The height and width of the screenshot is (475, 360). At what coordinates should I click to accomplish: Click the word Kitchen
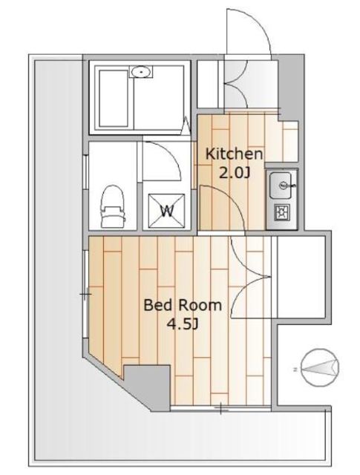234,154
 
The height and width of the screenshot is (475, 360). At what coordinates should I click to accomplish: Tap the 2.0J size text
235,173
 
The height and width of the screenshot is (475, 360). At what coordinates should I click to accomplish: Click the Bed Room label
183,305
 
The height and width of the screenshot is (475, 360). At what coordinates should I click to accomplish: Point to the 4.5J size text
183,324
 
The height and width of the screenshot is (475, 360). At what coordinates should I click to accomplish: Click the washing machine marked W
166,211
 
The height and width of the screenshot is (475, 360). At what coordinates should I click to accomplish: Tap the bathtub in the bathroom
114,99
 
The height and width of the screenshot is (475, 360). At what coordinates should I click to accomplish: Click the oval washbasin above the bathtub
141,72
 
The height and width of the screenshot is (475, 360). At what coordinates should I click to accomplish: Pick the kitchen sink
281,185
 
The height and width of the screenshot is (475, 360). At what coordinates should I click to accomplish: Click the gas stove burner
282,212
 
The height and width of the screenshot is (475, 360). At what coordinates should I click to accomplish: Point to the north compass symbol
321,368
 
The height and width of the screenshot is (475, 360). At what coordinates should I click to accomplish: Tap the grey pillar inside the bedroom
147,387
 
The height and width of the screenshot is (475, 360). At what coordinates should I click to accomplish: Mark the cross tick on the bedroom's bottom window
221,408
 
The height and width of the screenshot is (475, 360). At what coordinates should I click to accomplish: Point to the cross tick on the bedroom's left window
85,294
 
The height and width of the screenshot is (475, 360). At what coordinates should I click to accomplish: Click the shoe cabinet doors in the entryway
236,84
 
